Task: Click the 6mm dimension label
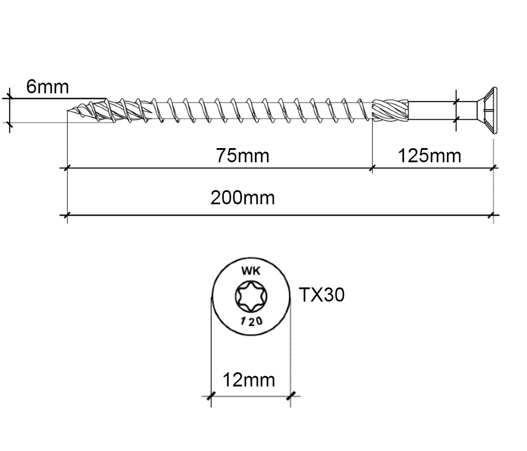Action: [x=47, y=87]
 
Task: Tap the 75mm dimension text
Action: [x=243, y=156]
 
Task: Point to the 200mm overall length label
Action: [x=243, y=198]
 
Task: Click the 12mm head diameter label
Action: [x=249, y=380]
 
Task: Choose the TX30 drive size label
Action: [x=322, y=295]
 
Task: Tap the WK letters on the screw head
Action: [x=251, y=271]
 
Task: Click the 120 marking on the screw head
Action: [x=252, y=321]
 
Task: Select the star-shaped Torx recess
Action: [x=251, y=296]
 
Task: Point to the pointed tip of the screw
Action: [x=68, y=111]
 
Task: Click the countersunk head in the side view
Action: [x=487, y=111]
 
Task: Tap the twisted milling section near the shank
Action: [x=390, y=110]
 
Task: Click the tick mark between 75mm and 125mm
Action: [x=372, y=168]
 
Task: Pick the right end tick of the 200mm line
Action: [x=493, y=215]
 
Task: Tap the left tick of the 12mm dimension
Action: [x=211, y=396]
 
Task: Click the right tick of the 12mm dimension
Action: [x=291, y=396]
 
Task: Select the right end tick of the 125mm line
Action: [x=493, y=168]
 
